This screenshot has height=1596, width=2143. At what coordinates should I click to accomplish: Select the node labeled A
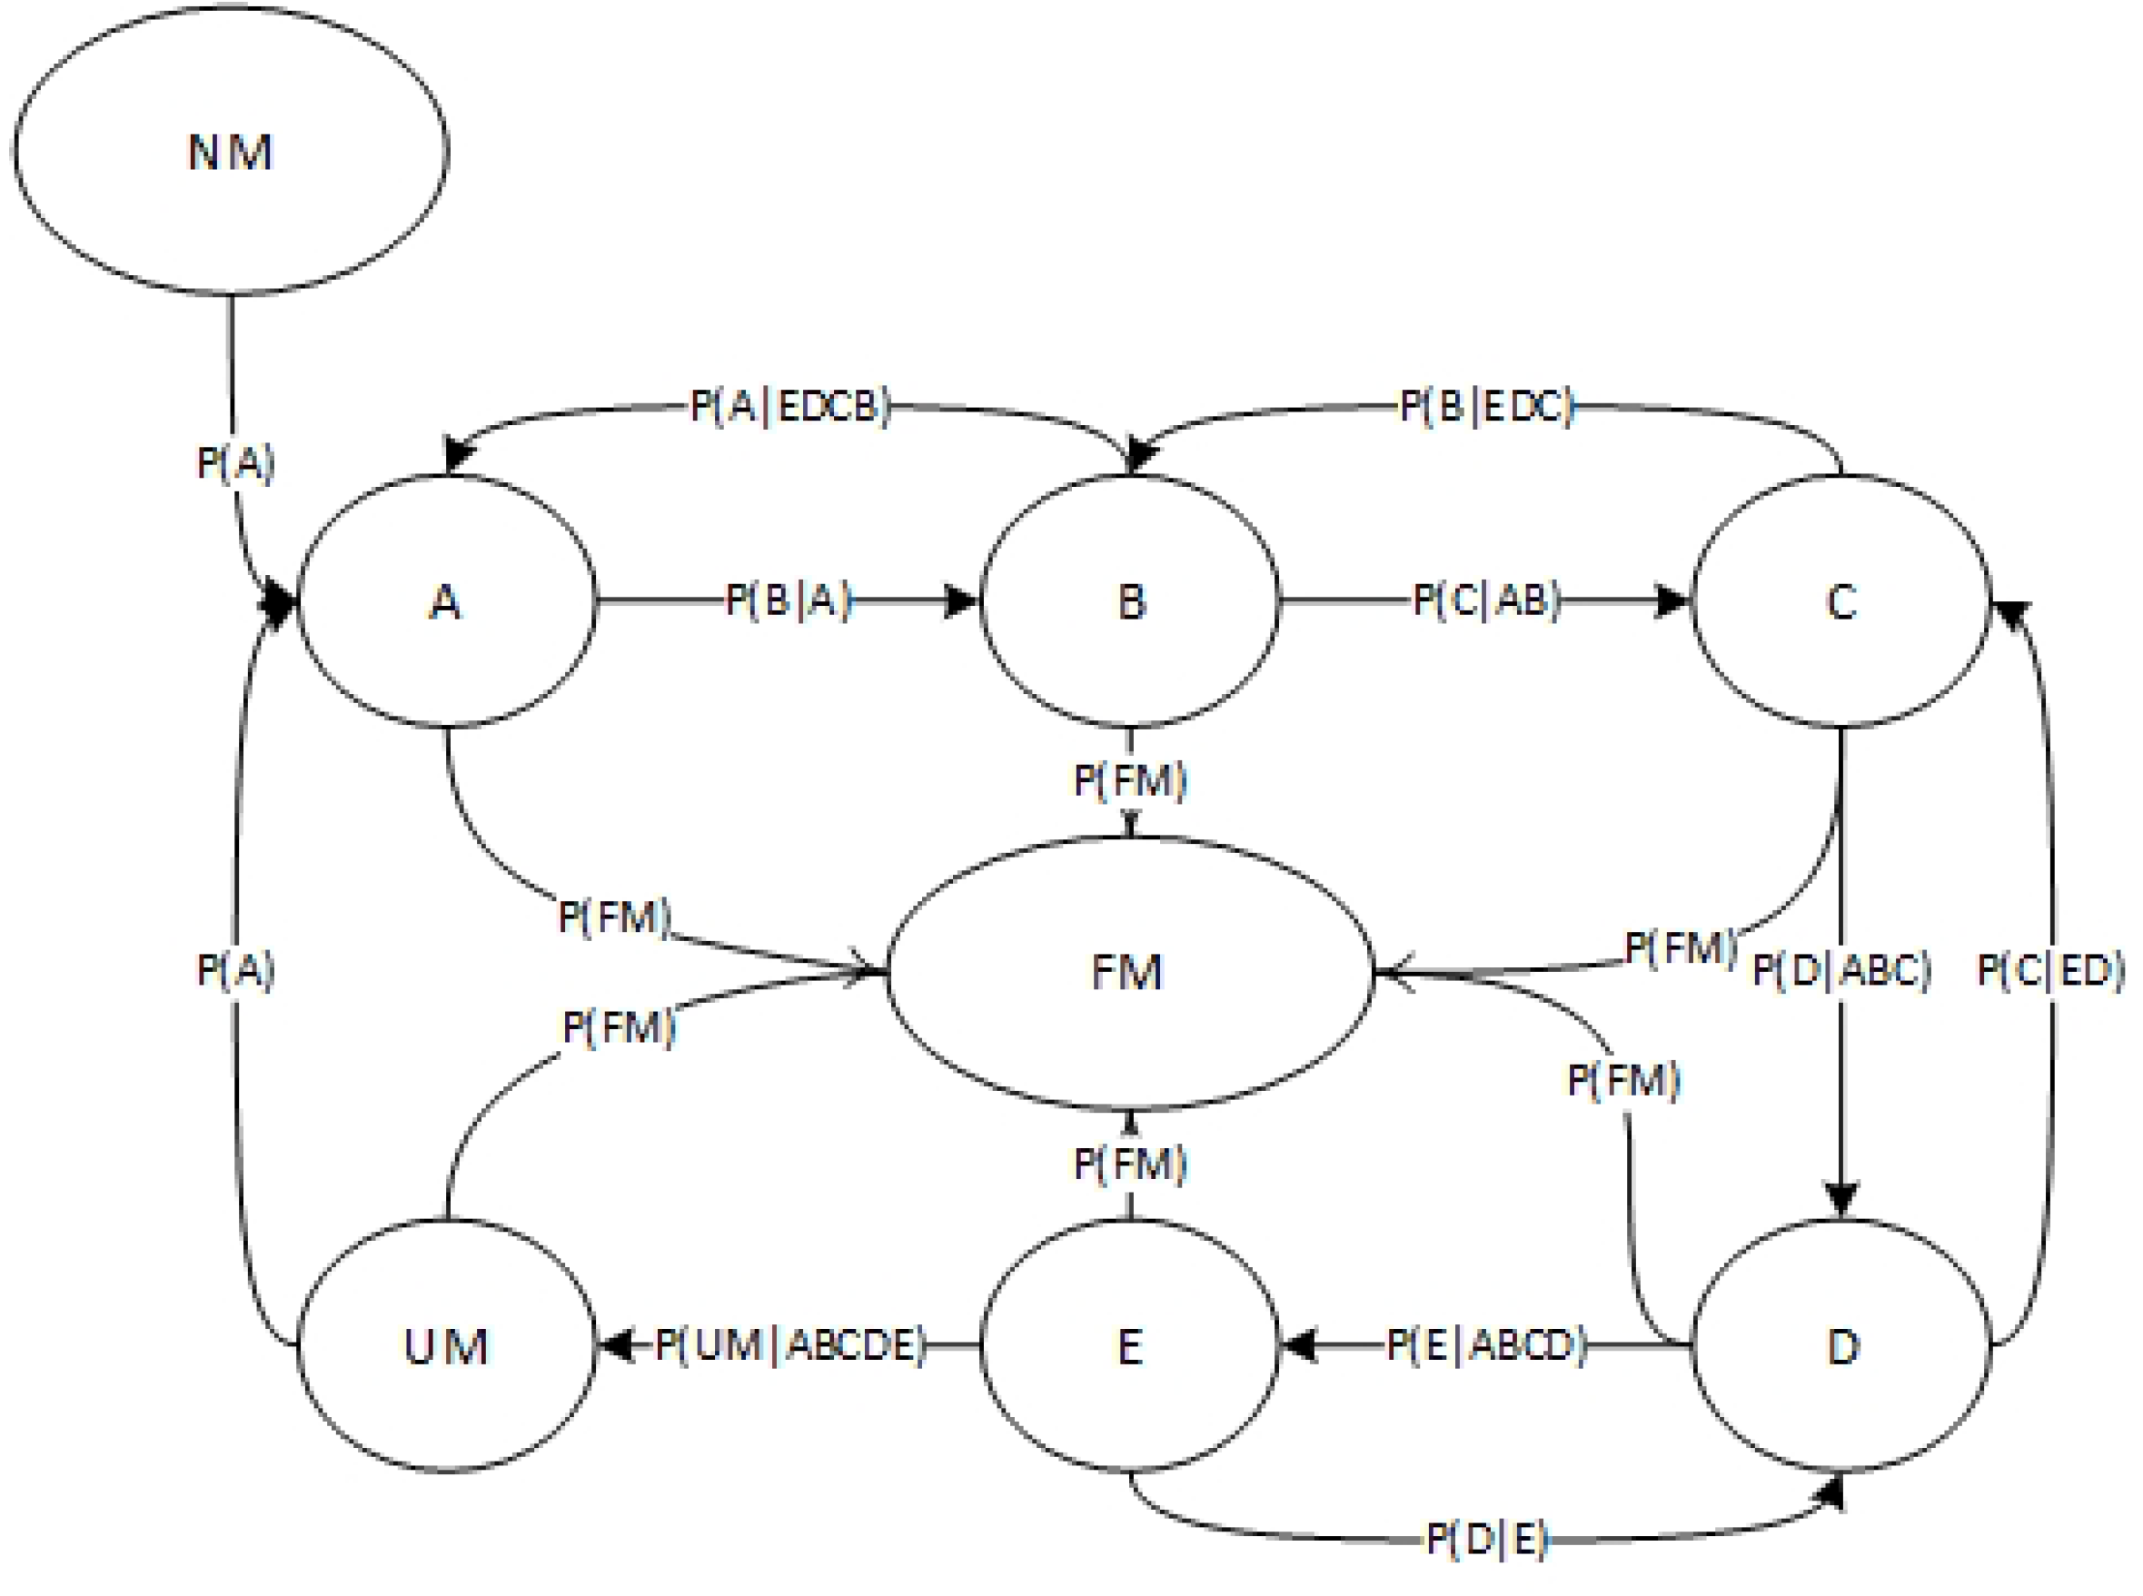(445, 602)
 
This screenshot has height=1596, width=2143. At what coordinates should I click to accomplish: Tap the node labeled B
(1129, 602)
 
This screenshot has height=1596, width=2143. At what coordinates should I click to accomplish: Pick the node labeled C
(1840, 602)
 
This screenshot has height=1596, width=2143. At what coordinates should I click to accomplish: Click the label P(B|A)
(789, 601)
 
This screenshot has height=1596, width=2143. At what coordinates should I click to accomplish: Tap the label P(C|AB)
(1486, 601)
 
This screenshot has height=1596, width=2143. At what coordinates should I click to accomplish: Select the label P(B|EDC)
(1487, 407)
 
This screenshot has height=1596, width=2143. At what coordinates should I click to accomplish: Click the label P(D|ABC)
(1840, 970)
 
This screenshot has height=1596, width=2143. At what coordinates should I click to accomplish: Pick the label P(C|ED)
(2050, 970)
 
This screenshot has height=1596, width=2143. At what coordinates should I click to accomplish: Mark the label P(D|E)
(1487, 1539)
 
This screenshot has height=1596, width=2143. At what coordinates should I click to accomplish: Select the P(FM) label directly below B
(1129, 779)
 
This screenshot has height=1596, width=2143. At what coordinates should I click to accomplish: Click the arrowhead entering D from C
(1840, 1200)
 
